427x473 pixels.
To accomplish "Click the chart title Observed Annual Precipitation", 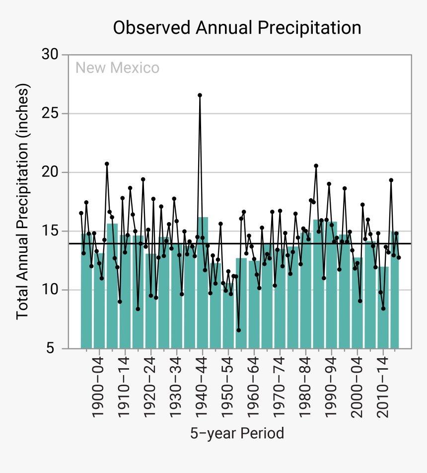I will click(237, 28).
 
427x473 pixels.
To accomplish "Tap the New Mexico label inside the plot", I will click(117, 68).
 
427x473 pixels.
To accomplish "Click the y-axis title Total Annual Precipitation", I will click(23, 202).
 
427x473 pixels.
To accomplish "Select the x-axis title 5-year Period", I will click(237, 433).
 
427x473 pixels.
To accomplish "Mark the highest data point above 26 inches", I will click(200, 95).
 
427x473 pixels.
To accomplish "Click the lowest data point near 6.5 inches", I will click(238, 330).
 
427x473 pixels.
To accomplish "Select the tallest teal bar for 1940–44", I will click(203, 283).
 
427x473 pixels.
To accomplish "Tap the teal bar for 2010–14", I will click(383, 308).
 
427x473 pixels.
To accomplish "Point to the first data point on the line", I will click(81, 213).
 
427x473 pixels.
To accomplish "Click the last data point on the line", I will click(399, 257).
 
